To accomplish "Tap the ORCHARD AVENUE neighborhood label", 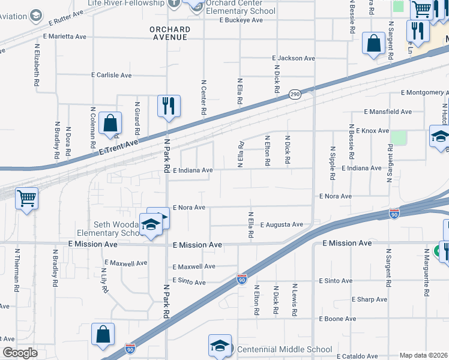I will tap(170, 33).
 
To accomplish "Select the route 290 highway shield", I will tap(294, 95).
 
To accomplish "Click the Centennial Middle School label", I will tap(285, 349).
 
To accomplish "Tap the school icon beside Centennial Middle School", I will tap(220, 346).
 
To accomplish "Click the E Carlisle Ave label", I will tap(111, 76).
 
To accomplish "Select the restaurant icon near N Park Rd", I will tap(169, 106).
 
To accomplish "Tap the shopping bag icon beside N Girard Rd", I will tap(110, 124).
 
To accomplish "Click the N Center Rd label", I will tap(203, 97).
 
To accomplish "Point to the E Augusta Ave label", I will tap(282, 224).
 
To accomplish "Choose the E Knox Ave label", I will tap(372, 131).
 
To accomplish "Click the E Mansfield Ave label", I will tap(388, 112).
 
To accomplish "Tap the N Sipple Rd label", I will tap(332, 163).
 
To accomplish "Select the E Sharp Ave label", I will tap(370, 299).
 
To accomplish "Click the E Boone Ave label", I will tap(337, 319).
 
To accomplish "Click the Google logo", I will tap(20, 352).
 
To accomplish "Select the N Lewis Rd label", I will tap(295, 300).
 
